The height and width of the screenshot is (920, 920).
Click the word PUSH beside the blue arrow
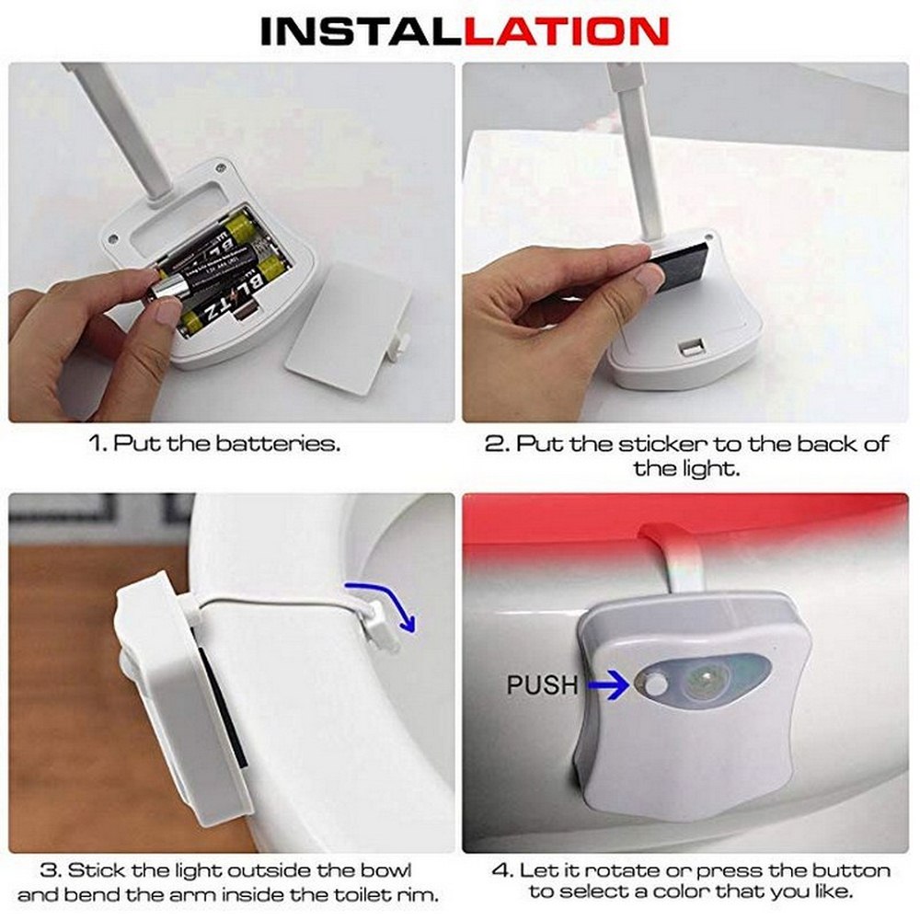click(542, 684)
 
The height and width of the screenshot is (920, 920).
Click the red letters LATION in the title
click(566, 31)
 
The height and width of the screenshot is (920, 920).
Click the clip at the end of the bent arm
click(378, 625)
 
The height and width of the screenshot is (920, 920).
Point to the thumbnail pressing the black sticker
click(650, 278)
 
